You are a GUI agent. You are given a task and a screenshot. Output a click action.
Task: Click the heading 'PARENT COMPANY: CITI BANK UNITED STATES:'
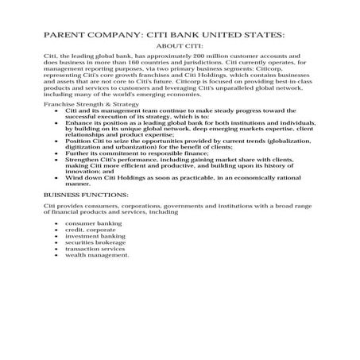click(x=163, y=36)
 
